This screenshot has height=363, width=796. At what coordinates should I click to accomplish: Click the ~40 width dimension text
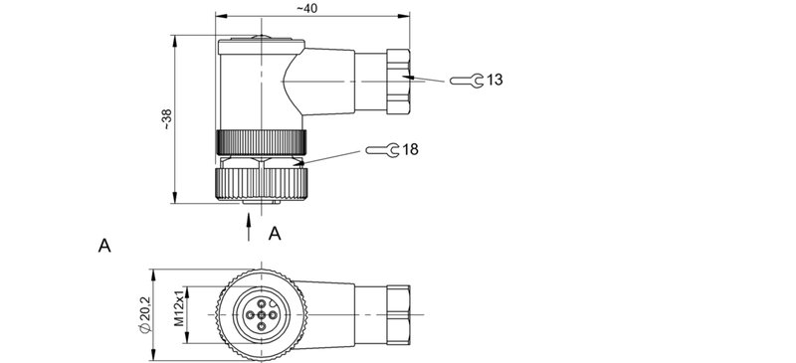click(306, 8)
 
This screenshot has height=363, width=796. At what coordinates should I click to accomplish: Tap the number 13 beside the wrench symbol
click(495, 80)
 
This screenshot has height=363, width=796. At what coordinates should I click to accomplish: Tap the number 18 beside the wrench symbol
click(410, 149)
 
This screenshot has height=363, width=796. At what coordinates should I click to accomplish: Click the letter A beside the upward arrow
click(276, 233)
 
